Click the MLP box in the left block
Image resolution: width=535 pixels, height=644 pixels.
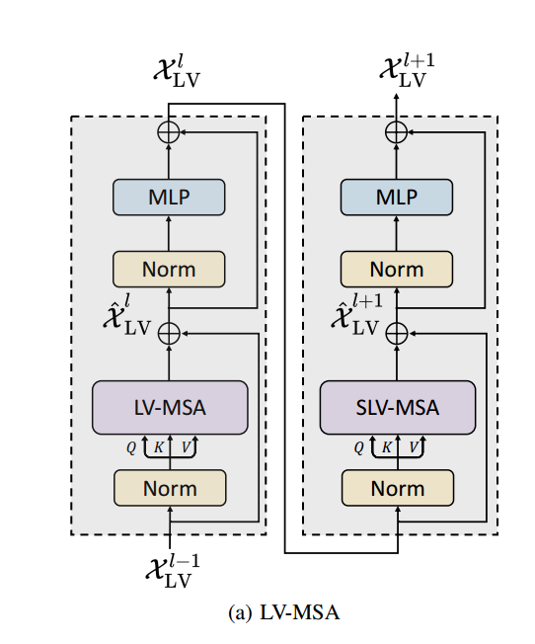(x=169, y=198)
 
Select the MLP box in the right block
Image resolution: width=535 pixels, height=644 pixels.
(x=397, y=198)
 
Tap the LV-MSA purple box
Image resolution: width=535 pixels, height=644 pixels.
(x=169, y=407)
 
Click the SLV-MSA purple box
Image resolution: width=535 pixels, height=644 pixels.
(x=397, y=407)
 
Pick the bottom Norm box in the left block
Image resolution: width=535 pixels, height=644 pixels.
(x=169, y=488)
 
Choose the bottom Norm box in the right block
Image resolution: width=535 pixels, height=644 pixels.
(x=397, y=488)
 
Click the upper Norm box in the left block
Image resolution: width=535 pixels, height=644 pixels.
(x=169, y=269)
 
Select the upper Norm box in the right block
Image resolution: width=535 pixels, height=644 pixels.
(x=397, y=269)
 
